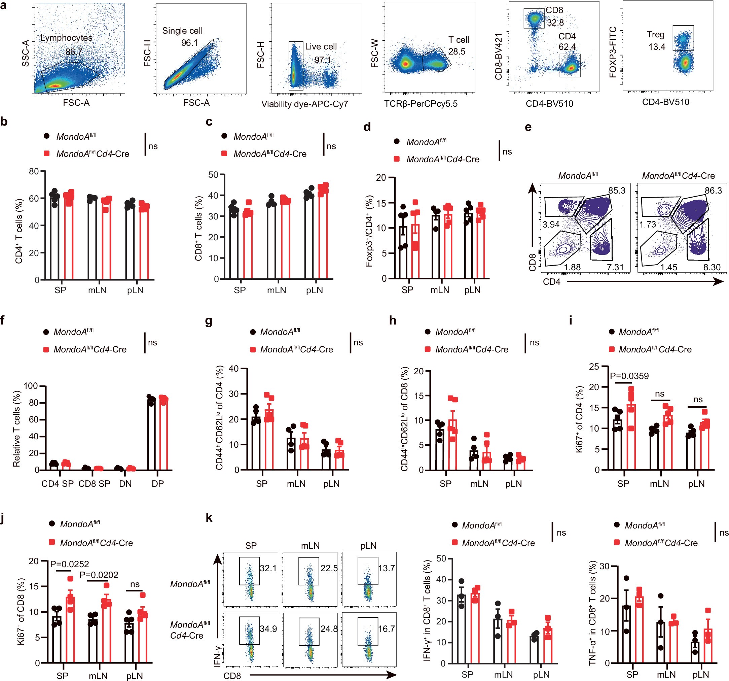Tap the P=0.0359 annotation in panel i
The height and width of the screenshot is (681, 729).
[629, 376]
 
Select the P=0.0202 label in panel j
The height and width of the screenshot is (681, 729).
[99, 575]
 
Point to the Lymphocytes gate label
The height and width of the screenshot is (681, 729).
[66, 38]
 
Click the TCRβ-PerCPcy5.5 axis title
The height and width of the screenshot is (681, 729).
[421, 104]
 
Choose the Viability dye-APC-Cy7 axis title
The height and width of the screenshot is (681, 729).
[304, 104]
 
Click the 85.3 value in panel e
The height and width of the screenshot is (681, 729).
[617, 191]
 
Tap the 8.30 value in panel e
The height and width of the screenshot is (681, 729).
[712, 267]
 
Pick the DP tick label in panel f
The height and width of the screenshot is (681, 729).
[158, 484]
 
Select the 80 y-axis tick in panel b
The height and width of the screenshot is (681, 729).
[34, 171]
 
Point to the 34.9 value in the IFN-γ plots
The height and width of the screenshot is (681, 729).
[268, 628]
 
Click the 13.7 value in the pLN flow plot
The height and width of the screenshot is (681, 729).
[387, 568]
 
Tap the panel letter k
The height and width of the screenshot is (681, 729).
[209, 518]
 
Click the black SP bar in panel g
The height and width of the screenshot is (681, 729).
[256, 443]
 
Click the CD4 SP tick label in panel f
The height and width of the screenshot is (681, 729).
[58, 484]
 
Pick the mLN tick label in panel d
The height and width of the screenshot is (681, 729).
[440, 290]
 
